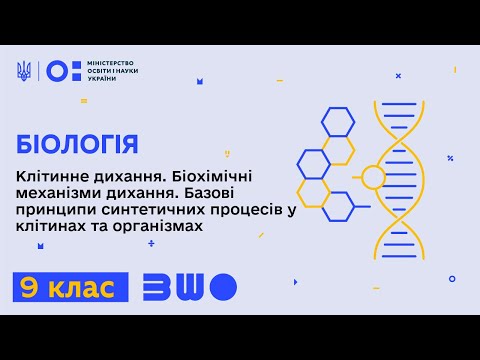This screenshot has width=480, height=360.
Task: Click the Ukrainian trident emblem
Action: (x=24, y=71)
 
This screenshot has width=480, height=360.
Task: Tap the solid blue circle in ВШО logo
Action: (x=225, y=287)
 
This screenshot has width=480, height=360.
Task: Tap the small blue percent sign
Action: (x=452, y=157)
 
